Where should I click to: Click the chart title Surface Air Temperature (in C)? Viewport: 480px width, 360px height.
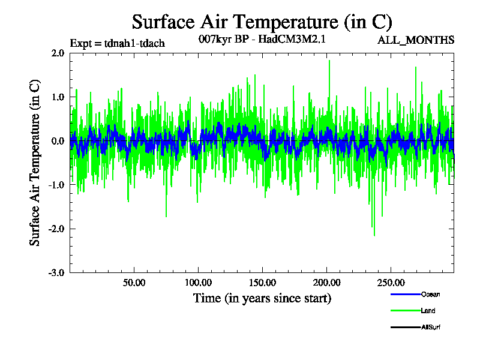coord(262,22)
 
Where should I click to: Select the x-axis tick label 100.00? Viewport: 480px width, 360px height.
coord(198,283)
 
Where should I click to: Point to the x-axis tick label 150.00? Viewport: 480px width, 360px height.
coord(262,283)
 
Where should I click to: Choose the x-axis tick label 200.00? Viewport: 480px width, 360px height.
coord(326,283)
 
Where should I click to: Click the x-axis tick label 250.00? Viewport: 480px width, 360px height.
coord(390,283)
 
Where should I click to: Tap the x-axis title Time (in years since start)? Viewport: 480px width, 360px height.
coord(262,298)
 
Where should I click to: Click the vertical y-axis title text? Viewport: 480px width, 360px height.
coord(35,162)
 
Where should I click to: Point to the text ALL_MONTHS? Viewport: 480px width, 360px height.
coord(415,40)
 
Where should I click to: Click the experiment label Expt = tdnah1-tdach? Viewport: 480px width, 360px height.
coord(118,43)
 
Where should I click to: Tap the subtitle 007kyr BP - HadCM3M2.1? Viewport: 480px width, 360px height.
coord(262,40)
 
